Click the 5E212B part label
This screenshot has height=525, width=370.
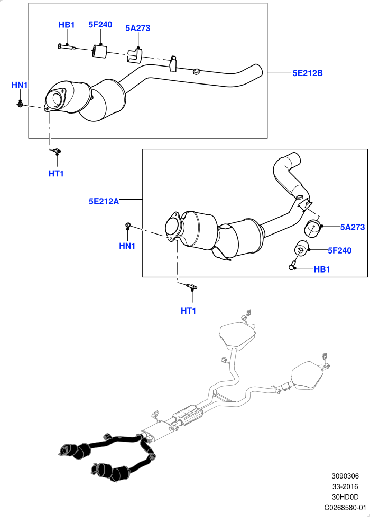click(307, 73)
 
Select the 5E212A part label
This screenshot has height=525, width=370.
click(104, 201)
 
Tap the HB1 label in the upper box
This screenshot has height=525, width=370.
click(67, 25)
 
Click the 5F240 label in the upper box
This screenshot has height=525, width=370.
click(100, 24)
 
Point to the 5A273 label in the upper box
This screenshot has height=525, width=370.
click(138, 28)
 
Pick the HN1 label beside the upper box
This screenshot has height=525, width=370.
click(20, 85)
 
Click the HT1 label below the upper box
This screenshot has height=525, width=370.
click(56, 173)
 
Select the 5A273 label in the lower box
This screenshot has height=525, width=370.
click(352, 227)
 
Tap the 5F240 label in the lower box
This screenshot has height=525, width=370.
click(339, 250)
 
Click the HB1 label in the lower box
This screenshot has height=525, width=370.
click(322, 269)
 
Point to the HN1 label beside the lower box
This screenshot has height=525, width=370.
click(127, 246)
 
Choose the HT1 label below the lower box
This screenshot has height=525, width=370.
click(188, 311)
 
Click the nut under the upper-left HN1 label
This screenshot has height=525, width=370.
click(20, 105)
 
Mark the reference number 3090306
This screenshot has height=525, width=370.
click(345, 476)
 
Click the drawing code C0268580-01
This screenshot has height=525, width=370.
click(345, 508)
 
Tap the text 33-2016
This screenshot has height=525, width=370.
click(345, 486)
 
